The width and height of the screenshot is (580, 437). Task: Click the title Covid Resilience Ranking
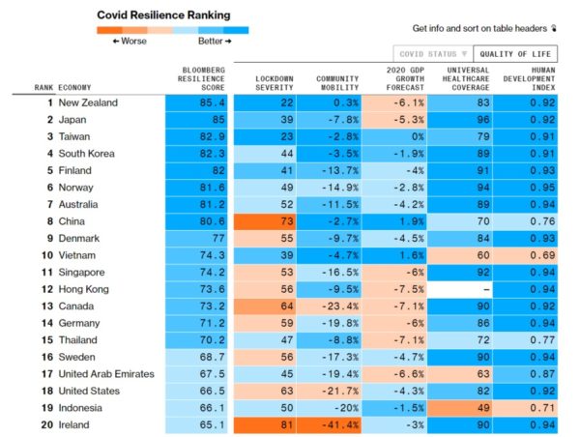click(162, 15)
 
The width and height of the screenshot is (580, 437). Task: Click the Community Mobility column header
click(337, 82)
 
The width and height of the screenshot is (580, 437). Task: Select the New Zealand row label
click(88, 102)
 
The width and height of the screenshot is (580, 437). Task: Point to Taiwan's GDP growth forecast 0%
click(403, 136)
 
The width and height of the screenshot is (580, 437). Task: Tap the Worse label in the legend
click(129, 42)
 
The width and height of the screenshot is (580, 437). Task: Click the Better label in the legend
click(215, 42)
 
